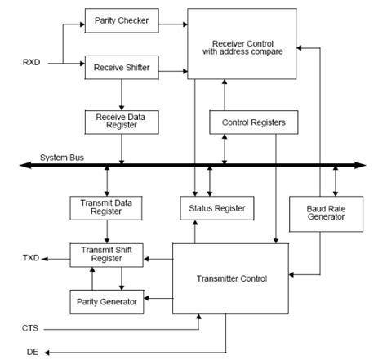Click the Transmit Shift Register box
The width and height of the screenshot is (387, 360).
tap(107, 254)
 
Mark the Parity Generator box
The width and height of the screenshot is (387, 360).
tap(107, 300)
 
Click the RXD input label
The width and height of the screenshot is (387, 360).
tap(33, 60)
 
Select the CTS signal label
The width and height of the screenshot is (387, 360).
tap(30, 327)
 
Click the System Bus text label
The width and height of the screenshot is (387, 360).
tap(63, 157)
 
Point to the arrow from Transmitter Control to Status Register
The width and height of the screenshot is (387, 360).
tap(194, 232)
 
